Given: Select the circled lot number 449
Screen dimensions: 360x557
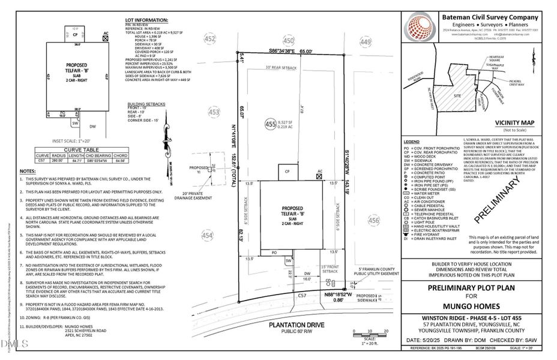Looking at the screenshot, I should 366,42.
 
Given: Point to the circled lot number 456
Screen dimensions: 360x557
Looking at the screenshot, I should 374,221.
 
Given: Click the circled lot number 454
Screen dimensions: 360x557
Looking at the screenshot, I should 207,236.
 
